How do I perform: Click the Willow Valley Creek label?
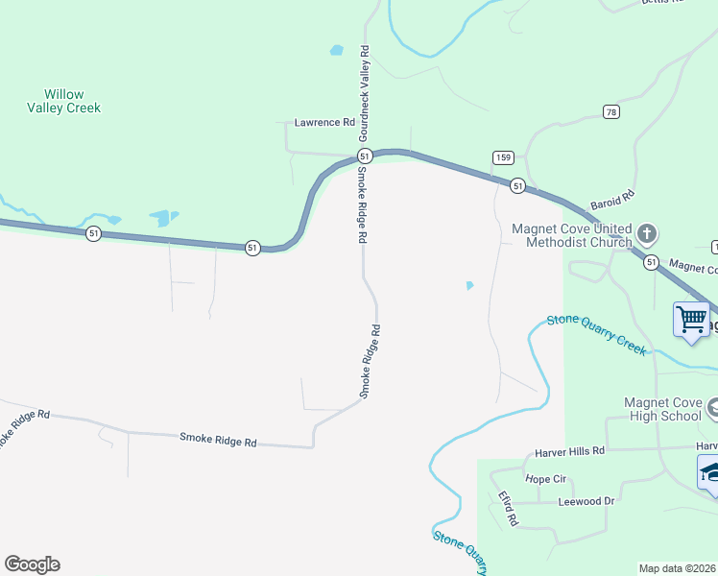click(x=64, y=101)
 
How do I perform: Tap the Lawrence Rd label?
click(x=324, y=123)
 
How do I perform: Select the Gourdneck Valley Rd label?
click(x=364, y=96)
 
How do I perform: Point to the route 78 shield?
click(x=611, y=112)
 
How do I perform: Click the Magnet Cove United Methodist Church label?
click(x=572, y=235)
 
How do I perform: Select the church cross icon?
click(x=648, y=233)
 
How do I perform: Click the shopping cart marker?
click(x=691, y=320)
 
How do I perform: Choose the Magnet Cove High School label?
click(x=662, y=409)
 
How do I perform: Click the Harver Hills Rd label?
click(x=570, y=450)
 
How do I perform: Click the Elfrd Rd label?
click(x=508, y=508)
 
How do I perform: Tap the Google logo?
click(x=32, y=564)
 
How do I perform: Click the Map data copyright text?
click(x=678, y=568)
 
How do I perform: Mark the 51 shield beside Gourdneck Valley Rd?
click(x=364, y=156)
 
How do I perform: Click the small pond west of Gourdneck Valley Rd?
click(x=336, y=50)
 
